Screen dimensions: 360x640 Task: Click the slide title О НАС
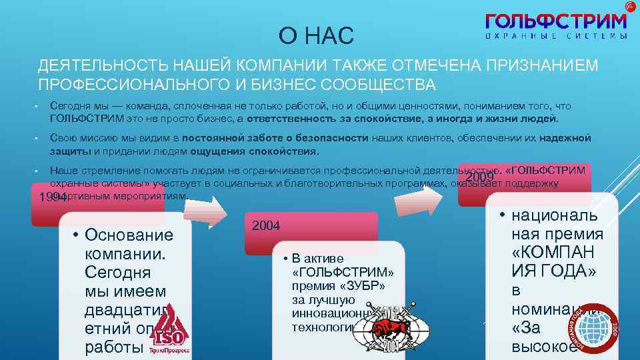[x=317, y=35]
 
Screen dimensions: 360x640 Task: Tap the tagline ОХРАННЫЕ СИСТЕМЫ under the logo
[x=556, y=36]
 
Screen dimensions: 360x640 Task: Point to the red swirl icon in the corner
[x=631, y=6]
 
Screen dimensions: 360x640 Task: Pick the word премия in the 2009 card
[x=557, y=234]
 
